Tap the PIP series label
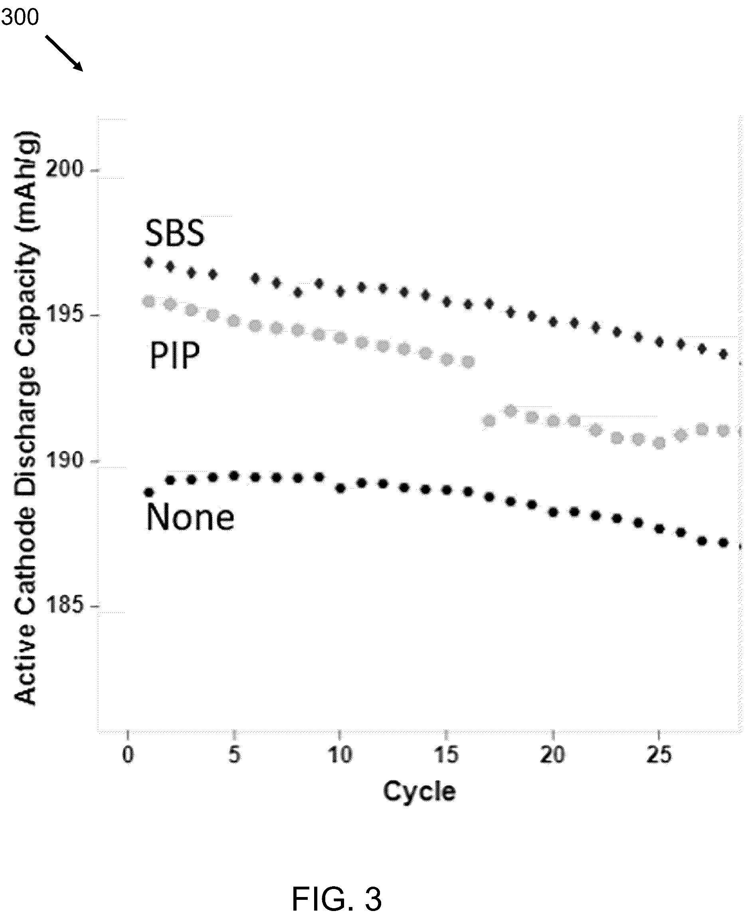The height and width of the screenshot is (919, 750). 174,355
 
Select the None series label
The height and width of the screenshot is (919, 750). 190,517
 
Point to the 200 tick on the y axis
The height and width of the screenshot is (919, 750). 64,169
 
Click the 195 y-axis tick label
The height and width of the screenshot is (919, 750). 64,314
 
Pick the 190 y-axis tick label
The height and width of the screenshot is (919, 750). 64,460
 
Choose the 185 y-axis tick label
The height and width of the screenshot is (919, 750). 64,605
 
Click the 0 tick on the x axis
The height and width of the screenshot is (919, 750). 128,755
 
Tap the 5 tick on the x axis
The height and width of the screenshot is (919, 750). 234,755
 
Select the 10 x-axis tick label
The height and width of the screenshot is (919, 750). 340,755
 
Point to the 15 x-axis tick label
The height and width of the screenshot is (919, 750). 446,755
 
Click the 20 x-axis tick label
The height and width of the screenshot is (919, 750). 552,755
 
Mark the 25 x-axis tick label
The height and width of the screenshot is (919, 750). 659,755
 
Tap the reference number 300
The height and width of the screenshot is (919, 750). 20,18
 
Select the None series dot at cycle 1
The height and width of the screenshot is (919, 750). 149,492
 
